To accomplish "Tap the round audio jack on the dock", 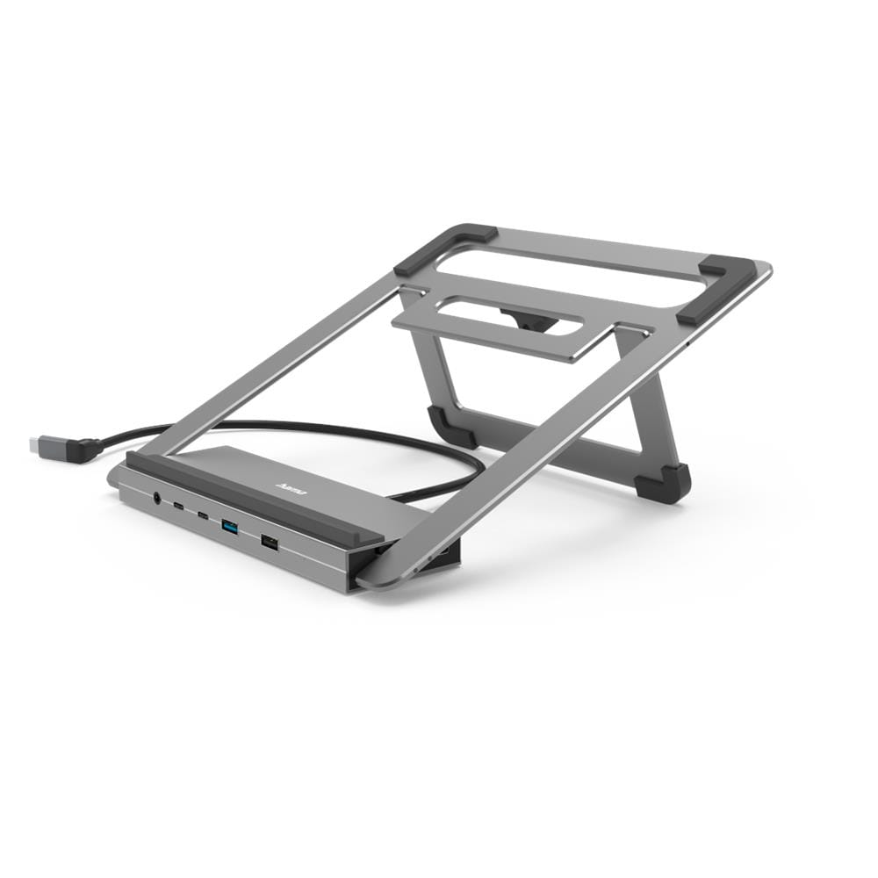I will click(x=157, y=498).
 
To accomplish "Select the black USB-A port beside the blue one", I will click(x=269, y=543).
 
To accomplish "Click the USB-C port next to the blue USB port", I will click(x=203, y=515).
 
